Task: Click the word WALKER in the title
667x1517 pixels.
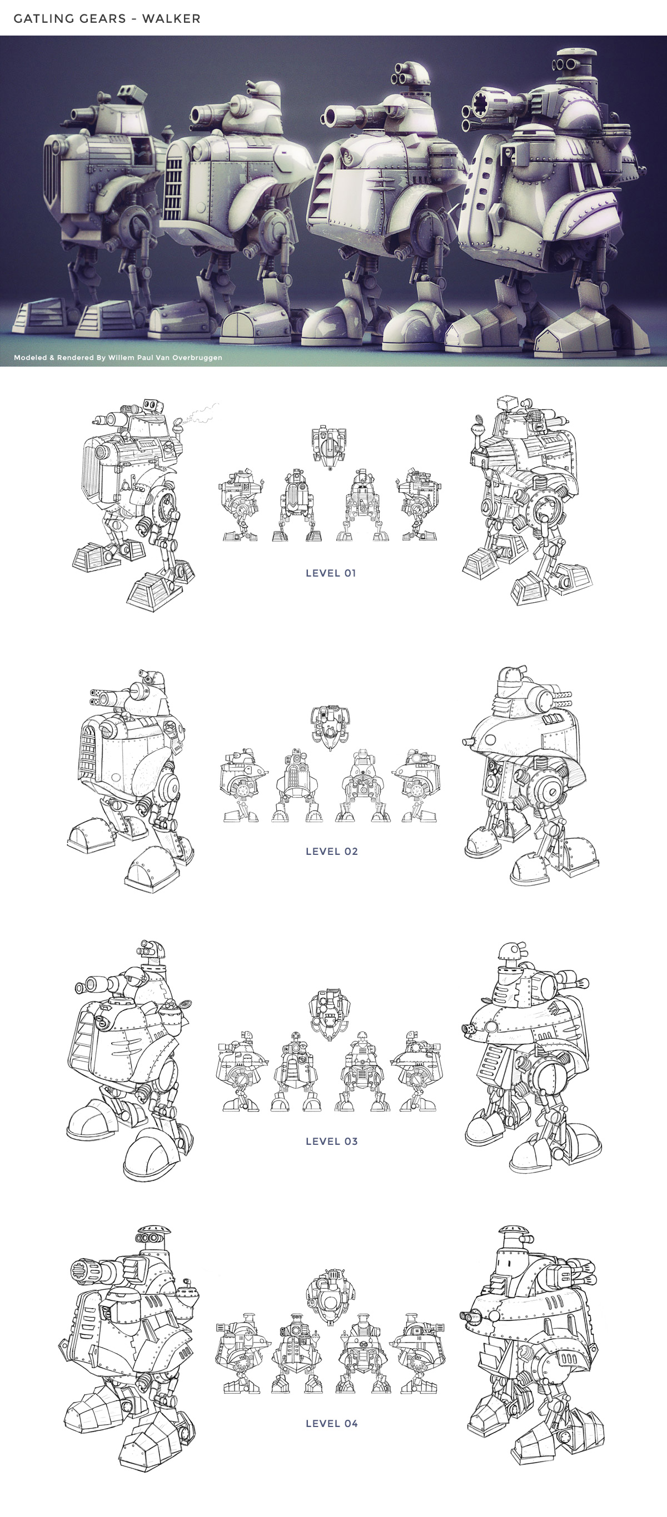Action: (171, 19)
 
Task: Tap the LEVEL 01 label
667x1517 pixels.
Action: (331, 573)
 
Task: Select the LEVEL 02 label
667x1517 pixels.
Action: (332, 851)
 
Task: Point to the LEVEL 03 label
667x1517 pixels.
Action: (332, 1141)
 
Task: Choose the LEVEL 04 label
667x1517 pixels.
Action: (332, 1423)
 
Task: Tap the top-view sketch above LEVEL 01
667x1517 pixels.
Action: (329, 448)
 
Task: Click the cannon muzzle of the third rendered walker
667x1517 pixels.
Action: (331, 116)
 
